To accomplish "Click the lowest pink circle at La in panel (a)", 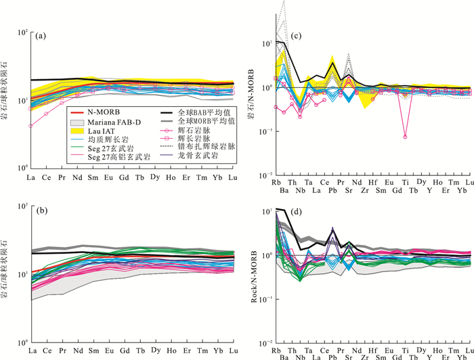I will click(31, 126).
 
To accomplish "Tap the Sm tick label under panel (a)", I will click(93, 177).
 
